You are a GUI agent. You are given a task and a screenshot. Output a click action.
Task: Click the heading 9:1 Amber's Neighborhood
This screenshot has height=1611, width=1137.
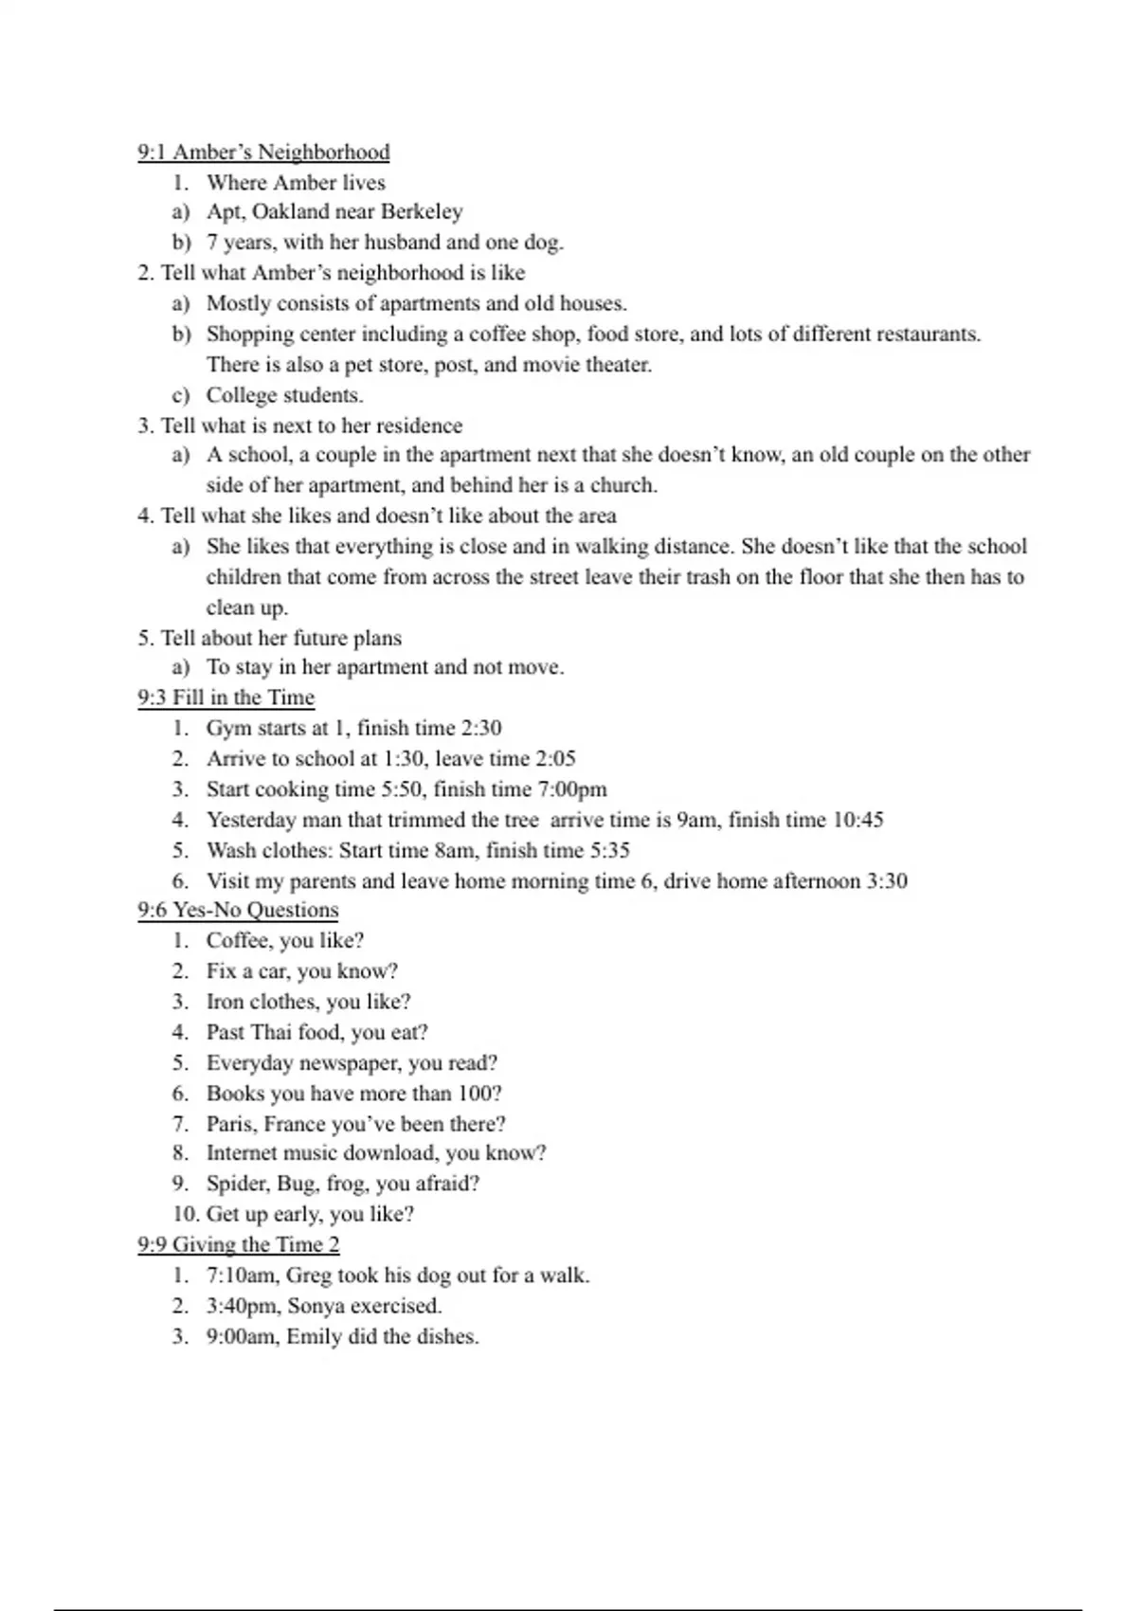[x=263, y=153]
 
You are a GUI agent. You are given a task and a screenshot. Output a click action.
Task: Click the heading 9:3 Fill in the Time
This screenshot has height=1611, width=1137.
[x=226, y=697]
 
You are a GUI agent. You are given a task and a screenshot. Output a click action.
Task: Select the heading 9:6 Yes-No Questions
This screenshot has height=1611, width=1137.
[x=238, y=911]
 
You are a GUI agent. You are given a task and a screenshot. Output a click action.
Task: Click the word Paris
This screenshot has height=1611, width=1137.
[x=230, y=1124]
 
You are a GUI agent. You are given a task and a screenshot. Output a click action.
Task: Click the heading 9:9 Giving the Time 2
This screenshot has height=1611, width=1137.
[x=239, y=1245]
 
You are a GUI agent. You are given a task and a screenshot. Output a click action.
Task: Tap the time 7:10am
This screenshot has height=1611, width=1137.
[x=242, y=1276]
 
